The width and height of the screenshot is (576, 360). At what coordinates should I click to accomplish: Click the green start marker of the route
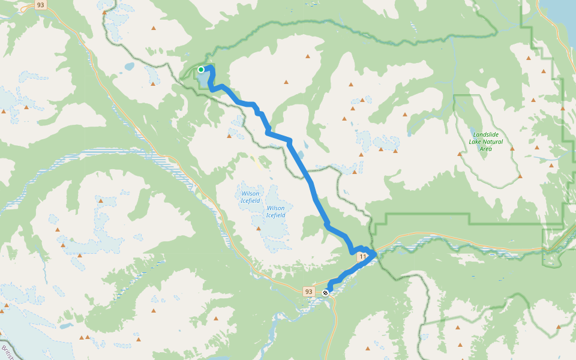coord(201,70)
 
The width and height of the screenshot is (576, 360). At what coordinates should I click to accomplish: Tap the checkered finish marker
coord(325,293)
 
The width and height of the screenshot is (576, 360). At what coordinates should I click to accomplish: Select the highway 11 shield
coord(362,257)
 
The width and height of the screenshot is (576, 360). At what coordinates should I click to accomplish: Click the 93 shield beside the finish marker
coord(308,292)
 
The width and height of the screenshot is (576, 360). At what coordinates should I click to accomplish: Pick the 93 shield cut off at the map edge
coord(40,5)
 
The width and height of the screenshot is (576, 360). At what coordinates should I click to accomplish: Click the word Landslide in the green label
coord(485,134)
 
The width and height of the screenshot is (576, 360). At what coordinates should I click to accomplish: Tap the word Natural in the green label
coord(495,142)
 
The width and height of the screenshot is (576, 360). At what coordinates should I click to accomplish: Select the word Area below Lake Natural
coord(486,149)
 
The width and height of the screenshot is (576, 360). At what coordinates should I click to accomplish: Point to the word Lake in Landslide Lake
coord(475,142)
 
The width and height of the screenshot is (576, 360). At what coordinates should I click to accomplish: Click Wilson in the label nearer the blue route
coord(275,208)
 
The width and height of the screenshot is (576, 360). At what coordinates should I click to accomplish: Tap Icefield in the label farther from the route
coord(250,200)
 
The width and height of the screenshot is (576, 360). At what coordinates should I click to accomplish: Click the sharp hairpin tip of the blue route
coord(376,253)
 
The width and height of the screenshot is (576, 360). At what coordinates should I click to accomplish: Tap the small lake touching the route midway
coord(299,155)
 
